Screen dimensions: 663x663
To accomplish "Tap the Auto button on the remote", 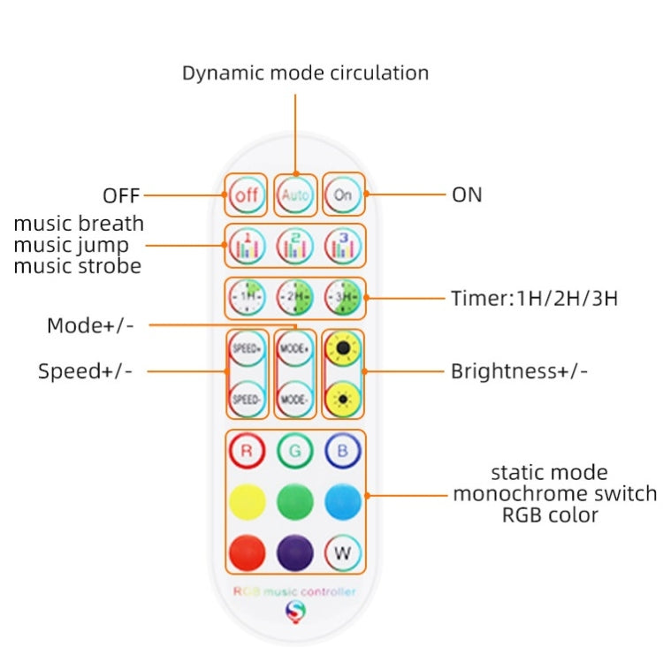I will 295,194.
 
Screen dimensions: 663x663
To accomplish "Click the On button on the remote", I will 343,194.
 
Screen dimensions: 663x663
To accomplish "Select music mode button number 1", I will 247,247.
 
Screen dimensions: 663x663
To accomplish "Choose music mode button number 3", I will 343,247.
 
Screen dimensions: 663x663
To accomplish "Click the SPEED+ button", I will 247,349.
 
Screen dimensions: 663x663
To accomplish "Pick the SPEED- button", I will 247,399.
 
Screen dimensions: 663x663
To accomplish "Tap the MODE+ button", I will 295,349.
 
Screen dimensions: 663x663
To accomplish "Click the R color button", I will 247,451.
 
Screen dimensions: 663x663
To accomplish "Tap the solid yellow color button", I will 247,502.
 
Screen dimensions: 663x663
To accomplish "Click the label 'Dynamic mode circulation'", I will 305,72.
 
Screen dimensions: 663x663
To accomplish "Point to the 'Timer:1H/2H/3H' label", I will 534,298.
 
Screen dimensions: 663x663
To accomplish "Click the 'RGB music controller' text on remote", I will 293,591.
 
